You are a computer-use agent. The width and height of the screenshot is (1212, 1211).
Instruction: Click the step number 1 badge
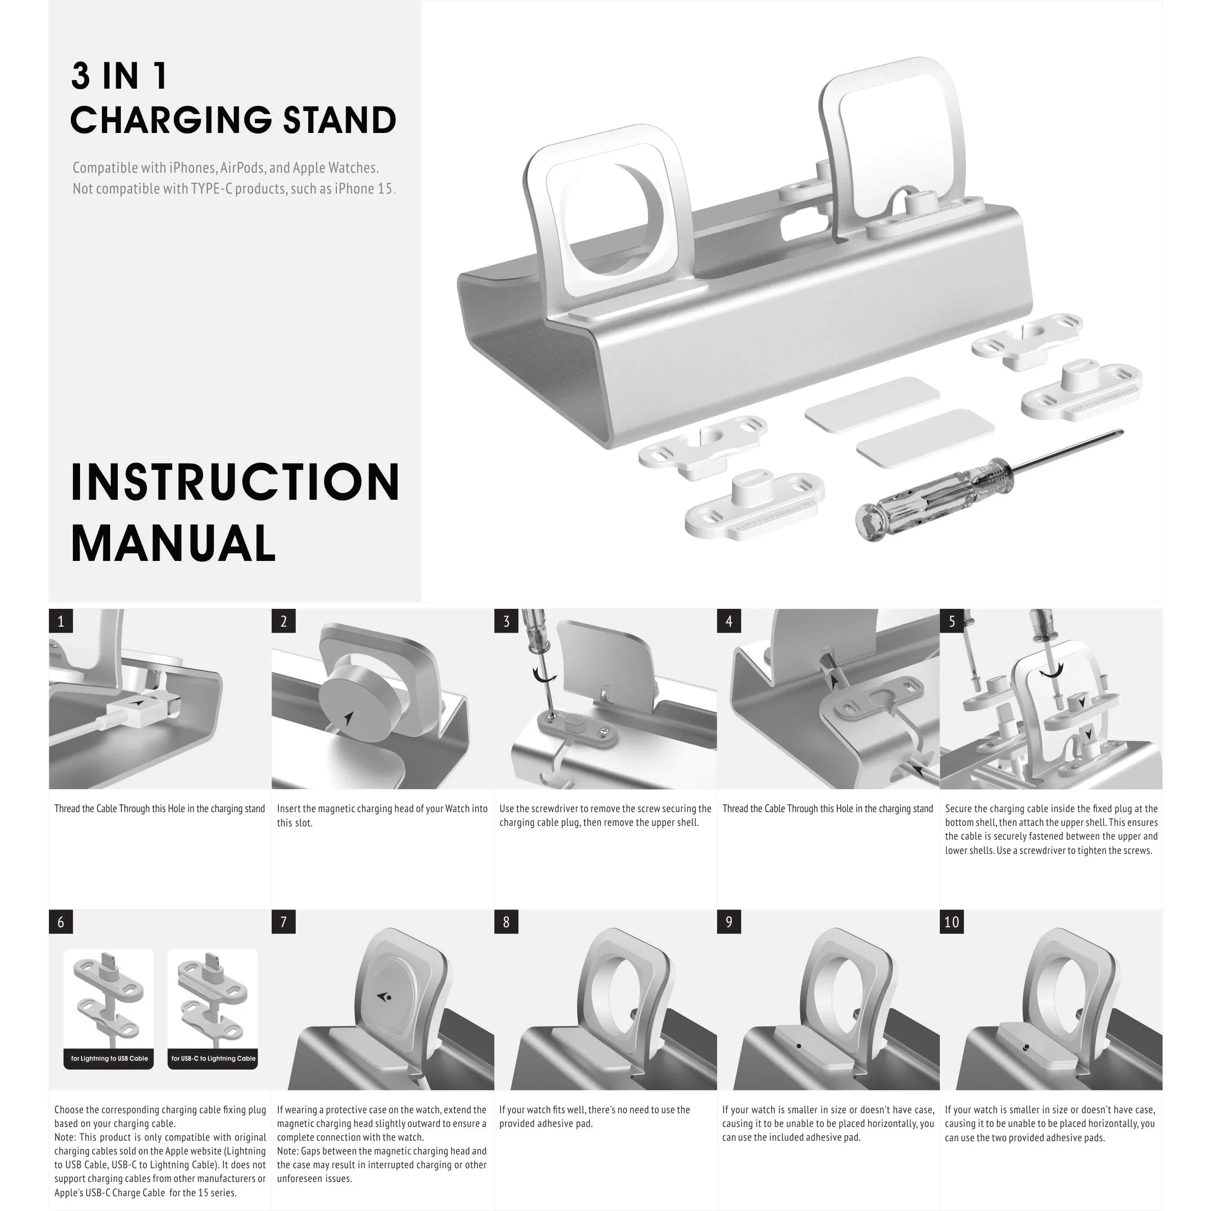(61, 621)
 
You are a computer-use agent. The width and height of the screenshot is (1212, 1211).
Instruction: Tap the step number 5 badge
(952, 621)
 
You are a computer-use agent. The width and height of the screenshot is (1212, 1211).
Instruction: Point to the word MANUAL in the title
(173, 543)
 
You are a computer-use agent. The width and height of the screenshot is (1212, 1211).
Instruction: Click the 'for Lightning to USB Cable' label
(109, 1059)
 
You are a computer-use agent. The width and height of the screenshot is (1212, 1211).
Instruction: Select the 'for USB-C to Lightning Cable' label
(213, 1059)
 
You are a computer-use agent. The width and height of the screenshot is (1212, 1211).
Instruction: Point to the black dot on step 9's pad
(799, 1045)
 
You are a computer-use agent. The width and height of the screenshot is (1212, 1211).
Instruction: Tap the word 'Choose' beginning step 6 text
(68, 1110)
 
